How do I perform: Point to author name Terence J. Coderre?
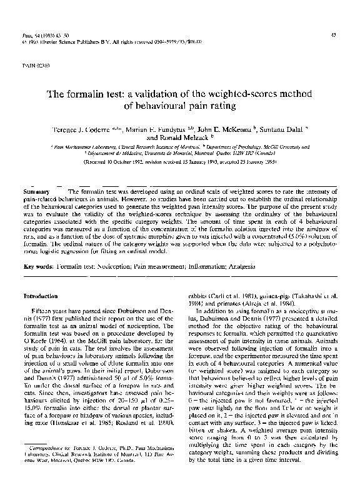coord(78,127)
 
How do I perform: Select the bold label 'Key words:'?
coord(37,266)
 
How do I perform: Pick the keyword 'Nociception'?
coord(114,266)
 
